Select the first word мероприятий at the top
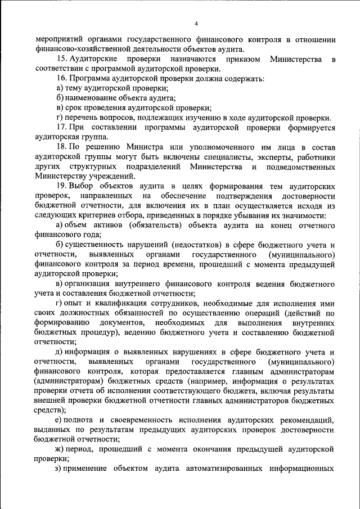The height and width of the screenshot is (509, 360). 60,40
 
